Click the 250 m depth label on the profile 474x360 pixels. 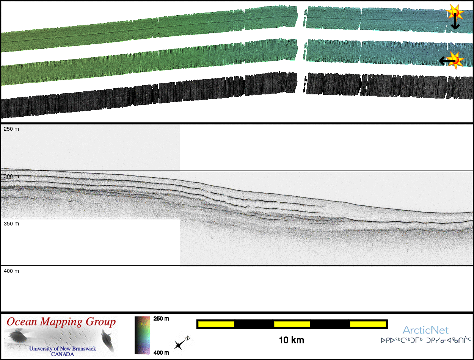(11, 129)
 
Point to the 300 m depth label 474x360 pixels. (11, 176)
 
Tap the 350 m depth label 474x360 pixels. (11, 224)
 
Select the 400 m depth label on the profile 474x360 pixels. (11, 271)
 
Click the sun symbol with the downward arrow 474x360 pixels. (455, 12)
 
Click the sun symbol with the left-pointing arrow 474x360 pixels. (455, 61)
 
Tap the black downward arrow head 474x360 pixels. (455, 27)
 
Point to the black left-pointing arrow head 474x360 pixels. (442, 61)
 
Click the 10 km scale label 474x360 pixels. (291, 340)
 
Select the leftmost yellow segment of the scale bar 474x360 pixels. (216, 324)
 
